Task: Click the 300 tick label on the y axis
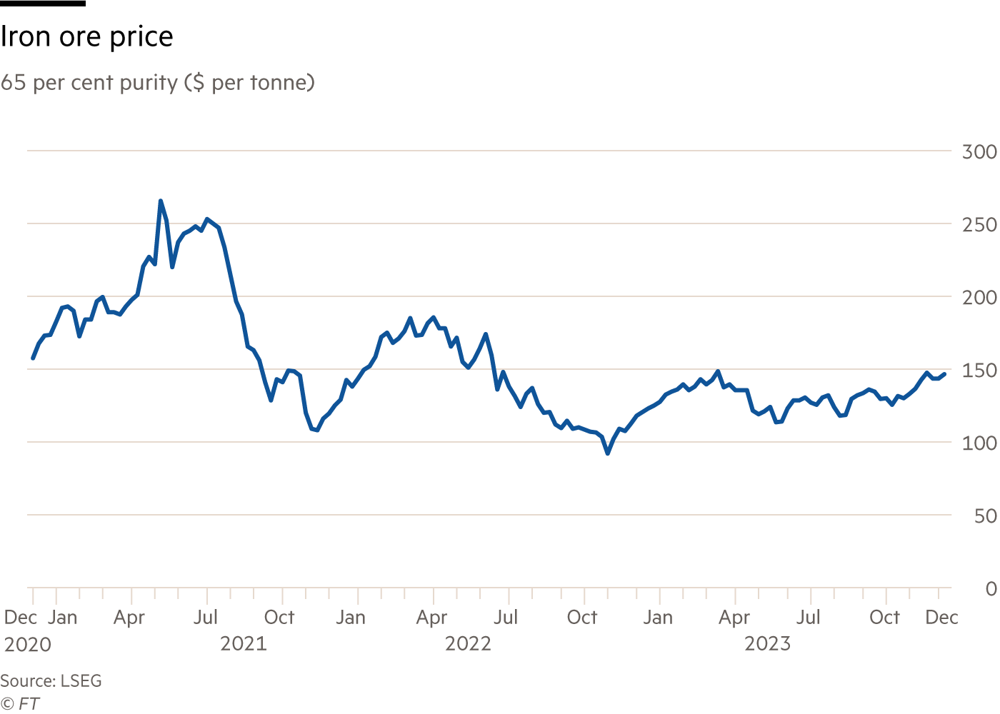[x=979, y=152]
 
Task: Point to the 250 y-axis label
[x=979, y=225]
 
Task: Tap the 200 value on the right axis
[x=979, y=298]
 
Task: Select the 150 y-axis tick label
[x=979, y=371]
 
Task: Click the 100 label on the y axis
[x=979, y=443]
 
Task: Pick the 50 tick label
[x=985, y=516]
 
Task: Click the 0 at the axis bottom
[x=991, y=589]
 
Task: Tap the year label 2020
[x=28, y=645]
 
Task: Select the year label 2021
[x=244, y=644]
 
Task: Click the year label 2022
[x=468, y=644]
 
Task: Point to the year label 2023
[x=768, y=644]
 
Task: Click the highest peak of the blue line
[x=160, y=201]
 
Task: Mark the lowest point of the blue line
[x=608, y=453]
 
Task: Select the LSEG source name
[x=81, y=681]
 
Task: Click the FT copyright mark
[x=21, y=703]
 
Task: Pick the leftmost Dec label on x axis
[x=20, y=618]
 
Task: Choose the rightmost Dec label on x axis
[x=941, y=618]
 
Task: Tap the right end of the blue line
[x=946, y=373]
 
